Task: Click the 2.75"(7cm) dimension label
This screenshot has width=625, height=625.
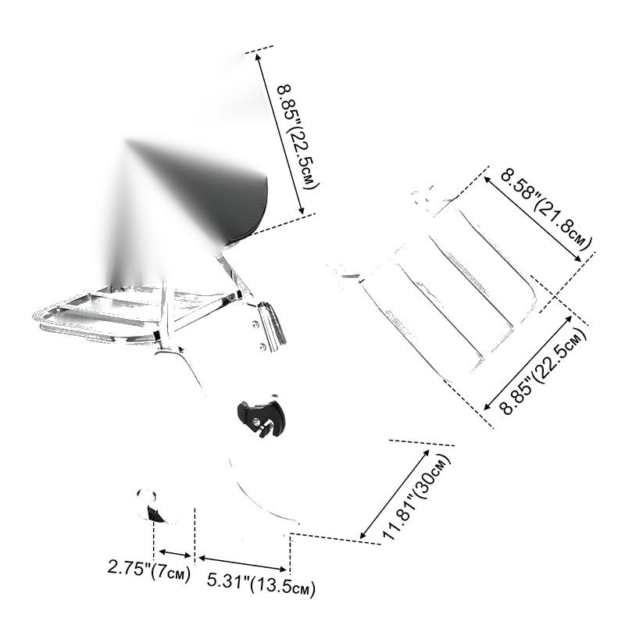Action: coord(149,570)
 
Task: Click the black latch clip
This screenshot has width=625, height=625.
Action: coord(261,418)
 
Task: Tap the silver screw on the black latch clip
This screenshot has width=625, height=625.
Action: coord(256,421)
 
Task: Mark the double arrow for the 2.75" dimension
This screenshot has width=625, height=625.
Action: coord(175,554)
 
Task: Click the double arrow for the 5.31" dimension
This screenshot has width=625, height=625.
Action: coord(243,563)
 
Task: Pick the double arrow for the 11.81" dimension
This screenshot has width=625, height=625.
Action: coord(395,495)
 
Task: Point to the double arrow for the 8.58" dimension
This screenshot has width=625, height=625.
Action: coord(533,219)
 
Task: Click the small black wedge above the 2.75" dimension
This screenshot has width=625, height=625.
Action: coord(155,514)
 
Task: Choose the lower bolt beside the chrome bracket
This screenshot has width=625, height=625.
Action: coord(262,347)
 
